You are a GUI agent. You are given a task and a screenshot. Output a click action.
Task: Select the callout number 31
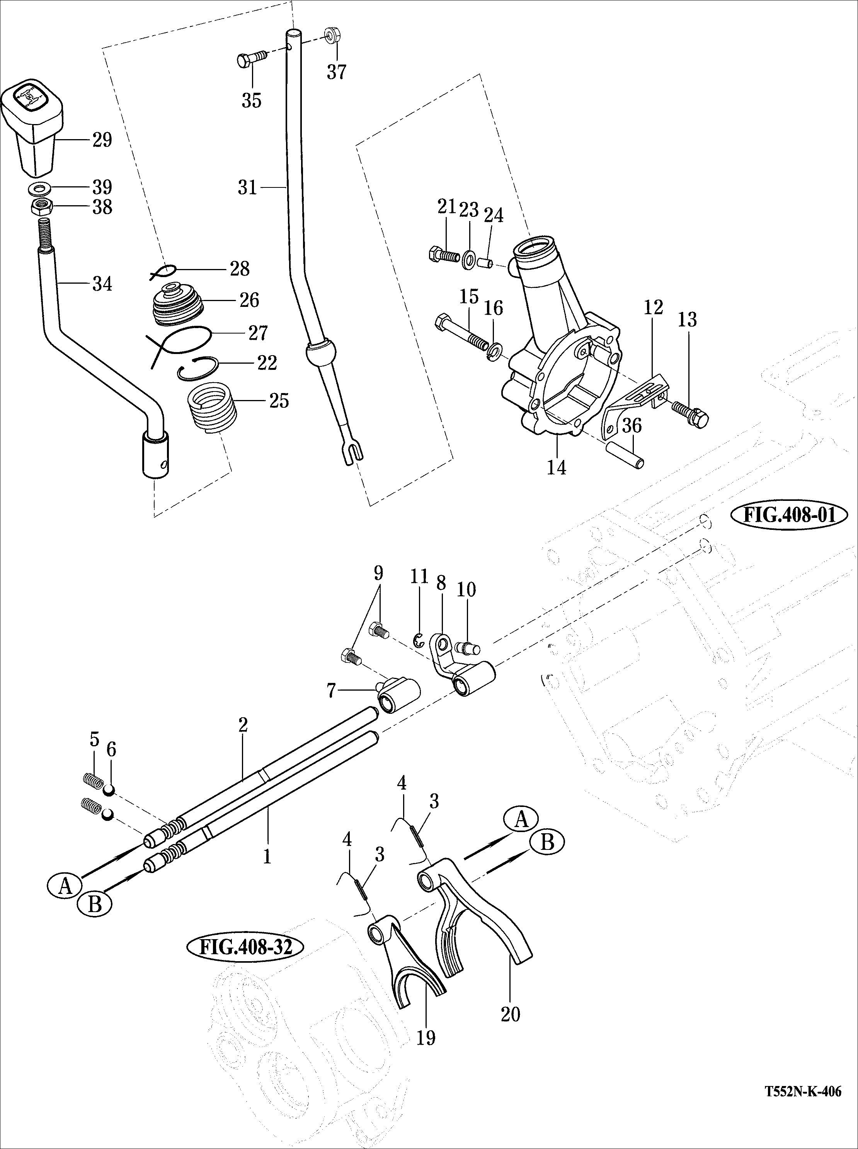(248, 187)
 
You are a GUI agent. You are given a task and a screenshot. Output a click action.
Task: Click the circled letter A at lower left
(65, 886)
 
